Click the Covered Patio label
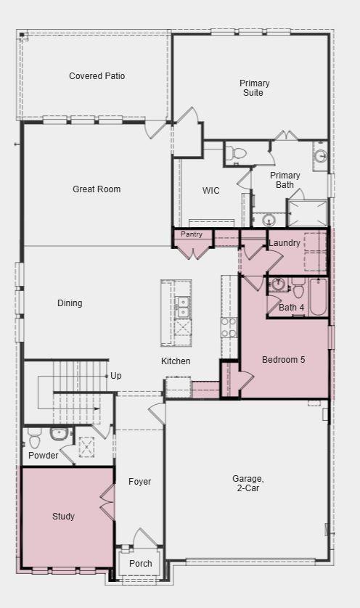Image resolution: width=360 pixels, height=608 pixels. (x=97, y=76)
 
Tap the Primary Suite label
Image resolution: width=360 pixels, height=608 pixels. (x=254, y=88)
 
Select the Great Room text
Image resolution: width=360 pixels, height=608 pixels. (x=97, y=189)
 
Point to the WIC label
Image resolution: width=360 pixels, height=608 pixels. (x=210, y=190)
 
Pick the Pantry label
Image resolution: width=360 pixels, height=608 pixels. (x=192, y=234)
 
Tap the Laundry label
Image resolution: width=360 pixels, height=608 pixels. (x=285, y=243)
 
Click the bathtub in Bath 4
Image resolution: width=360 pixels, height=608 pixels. (x=318, y=297)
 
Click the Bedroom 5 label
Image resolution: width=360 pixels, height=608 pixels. (x=283, y=360)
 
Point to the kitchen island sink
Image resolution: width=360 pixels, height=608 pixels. (x=181, y=307)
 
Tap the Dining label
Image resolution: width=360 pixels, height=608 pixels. (x=70, y=303)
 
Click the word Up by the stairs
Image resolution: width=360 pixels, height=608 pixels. (x=115, y=376)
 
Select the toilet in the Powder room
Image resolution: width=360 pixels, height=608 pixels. (x=34, y=440)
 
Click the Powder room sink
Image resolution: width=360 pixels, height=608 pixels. (x=59, y=435)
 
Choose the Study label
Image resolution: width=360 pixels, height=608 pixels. (x=63, y=517)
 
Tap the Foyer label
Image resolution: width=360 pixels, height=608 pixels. (x=139, y=482)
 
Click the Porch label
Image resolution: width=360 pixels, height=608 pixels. (x=140, y=564)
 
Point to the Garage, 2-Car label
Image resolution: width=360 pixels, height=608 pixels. (x=248, y=483)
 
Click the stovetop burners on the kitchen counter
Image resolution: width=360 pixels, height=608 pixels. (x=229, y=327)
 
